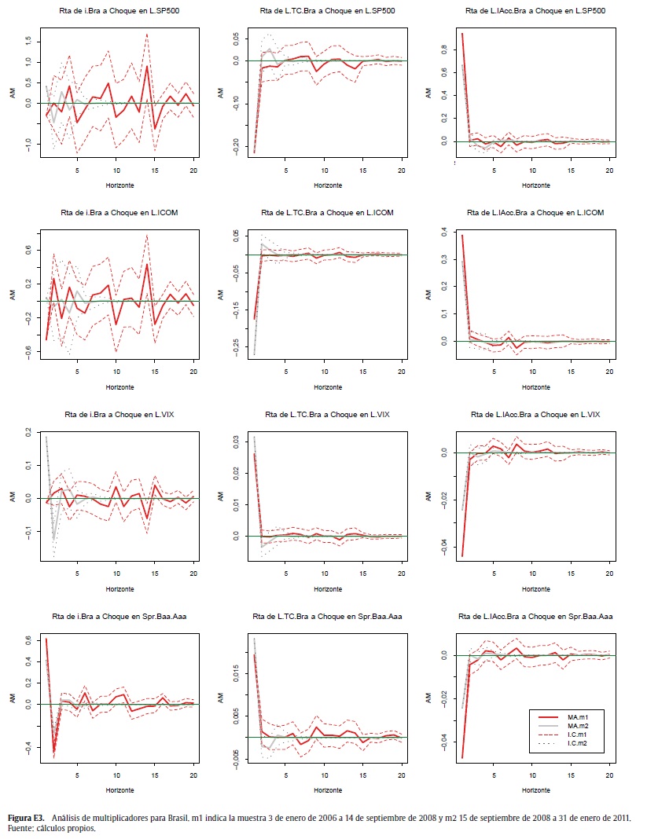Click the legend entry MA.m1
click(579, 717)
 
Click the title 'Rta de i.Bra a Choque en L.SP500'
click(119, 12)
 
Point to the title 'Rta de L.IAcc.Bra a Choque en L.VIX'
click(535, 414)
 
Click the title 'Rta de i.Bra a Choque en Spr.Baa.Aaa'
click(119, 616)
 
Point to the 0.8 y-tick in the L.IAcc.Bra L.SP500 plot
click(446, 49)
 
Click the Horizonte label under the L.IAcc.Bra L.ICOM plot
click(537, 387)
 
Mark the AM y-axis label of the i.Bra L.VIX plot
click(12, 496)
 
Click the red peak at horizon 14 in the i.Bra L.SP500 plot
click(147, 66)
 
